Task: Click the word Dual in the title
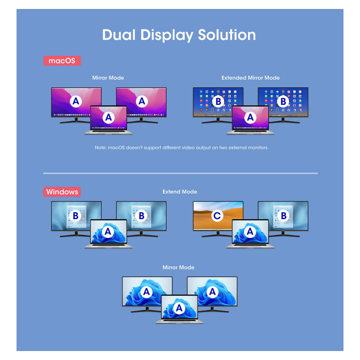[119, 35]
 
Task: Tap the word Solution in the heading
[227, 35]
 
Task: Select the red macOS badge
[62, 61]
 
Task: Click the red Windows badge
[62, 192]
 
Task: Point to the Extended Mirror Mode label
[251, 78]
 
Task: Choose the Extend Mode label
[180, 192]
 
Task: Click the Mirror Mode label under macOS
[108, 78]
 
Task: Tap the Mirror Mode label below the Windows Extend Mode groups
[178, 267]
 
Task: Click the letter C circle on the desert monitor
[217, 216]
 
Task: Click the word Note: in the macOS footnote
[100, 148]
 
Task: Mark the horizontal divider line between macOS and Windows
[180, 173]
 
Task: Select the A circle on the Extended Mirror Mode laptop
[250, 117]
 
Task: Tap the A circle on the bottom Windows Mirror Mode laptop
[179, 308]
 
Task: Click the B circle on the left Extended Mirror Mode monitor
[218, 101]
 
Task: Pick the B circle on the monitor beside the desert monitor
[283, 216]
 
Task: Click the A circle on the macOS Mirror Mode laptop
[108, 117]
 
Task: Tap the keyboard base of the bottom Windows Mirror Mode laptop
[179, 321]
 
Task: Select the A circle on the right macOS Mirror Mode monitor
[142, 101]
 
